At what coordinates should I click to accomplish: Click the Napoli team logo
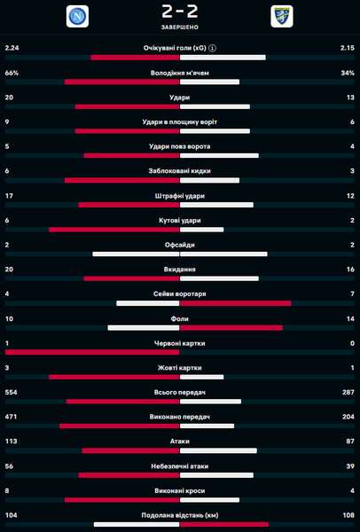(77, 16)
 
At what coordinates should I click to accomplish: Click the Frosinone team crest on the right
(282, 16)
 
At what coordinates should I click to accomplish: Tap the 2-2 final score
(180, 12)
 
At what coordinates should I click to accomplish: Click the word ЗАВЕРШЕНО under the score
(180, 27)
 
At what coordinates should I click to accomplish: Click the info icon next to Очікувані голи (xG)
(213, 48)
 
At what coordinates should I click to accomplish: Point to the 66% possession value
(12, 73)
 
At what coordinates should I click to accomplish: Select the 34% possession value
(348, 73)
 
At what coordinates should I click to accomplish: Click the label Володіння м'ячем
(180, 73)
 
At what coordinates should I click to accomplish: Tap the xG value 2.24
(12, 48)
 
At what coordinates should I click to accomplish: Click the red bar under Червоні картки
(92, 352)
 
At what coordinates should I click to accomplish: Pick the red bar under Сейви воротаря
(236, 303)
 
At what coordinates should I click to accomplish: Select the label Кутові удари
(180, 221)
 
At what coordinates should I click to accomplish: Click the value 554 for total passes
(11, 392)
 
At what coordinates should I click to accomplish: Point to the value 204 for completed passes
(348, 417)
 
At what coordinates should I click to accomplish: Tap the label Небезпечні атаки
(180, 466)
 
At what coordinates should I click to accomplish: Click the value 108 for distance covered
(348, 515)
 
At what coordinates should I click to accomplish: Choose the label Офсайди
(180, 245)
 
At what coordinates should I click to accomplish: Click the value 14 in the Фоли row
(351, 318)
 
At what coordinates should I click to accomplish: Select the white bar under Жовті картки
(202, 377)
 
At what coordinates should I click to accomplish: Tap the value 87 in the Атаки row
(350, 441)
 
